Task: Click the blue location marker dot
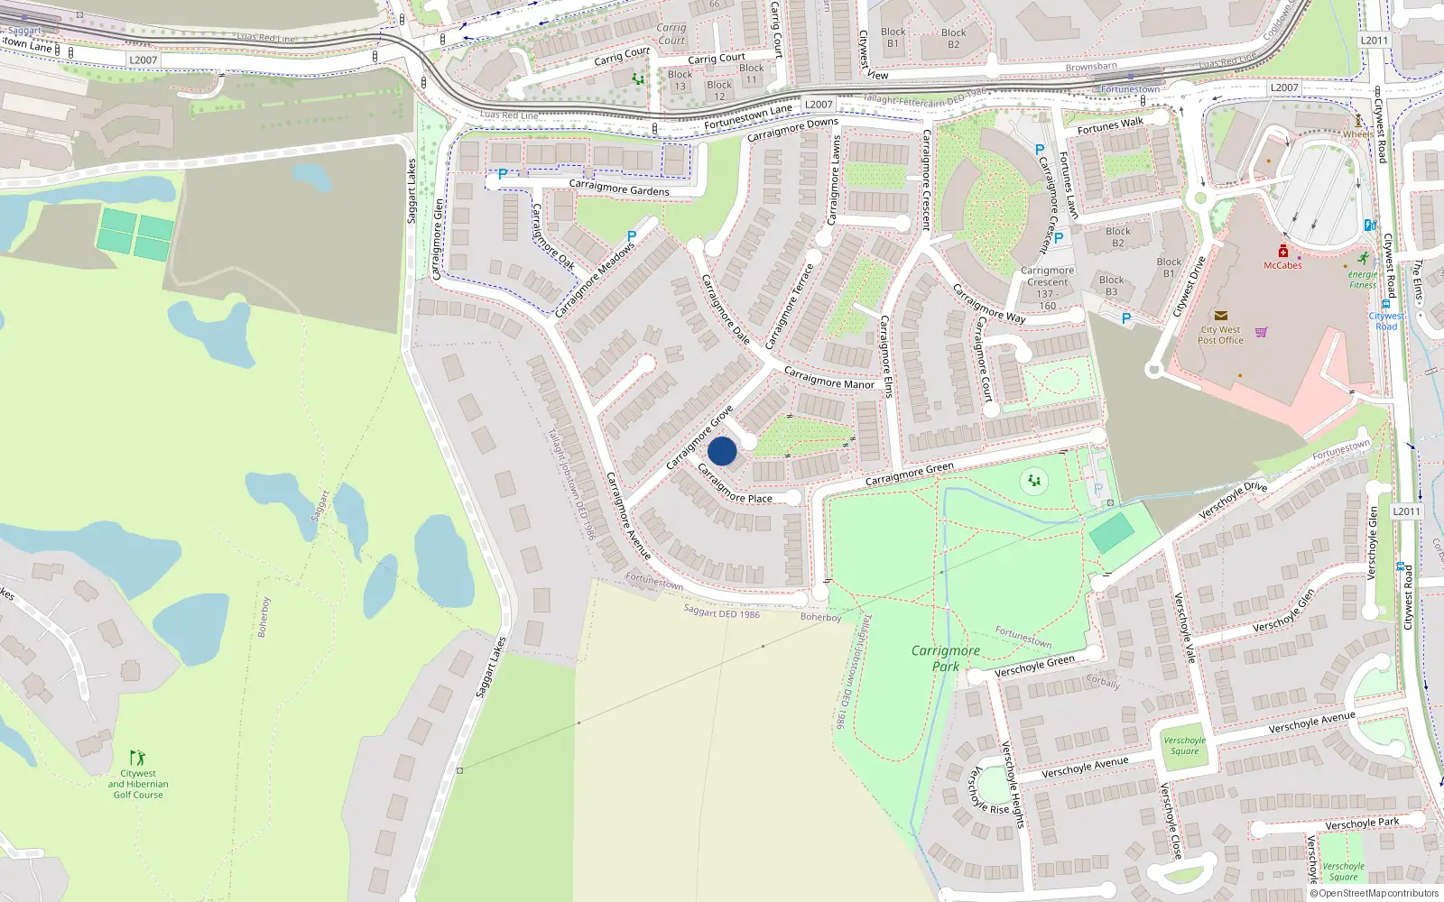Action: [722, 451]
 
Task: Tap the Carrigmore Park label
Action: [945, 658]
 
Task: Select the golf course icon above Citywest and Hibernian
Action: [137, 758]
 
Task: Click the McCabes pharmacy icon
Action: [1282, 251]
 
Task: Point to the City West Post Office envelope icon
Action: [1220, 316]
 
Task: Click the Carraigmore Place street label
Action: [735, 484]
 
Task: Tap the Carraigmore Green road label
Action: [909, 474]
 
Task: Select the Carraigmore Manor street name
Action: [828, 378]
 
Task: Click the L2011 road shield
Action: [1406, 511]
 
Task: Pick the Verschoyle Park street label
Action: [1362, 824]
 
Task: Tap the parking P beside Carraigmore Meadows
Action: [631, 237]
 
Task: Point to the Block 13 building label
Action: [680, 80]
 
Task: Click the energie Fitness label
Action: [1363, 280]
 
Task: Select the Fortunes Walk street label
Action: [1110, 126]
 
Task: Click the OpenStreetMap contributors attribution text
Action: [1374, 894]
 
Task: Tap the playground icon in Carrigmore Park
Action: [1033, 481]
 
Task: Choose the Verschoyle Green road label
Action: [1034, 667]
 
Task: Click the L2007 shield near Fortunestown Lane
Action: [819, 105]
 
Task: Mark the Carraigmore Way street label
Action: [989, 304]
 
